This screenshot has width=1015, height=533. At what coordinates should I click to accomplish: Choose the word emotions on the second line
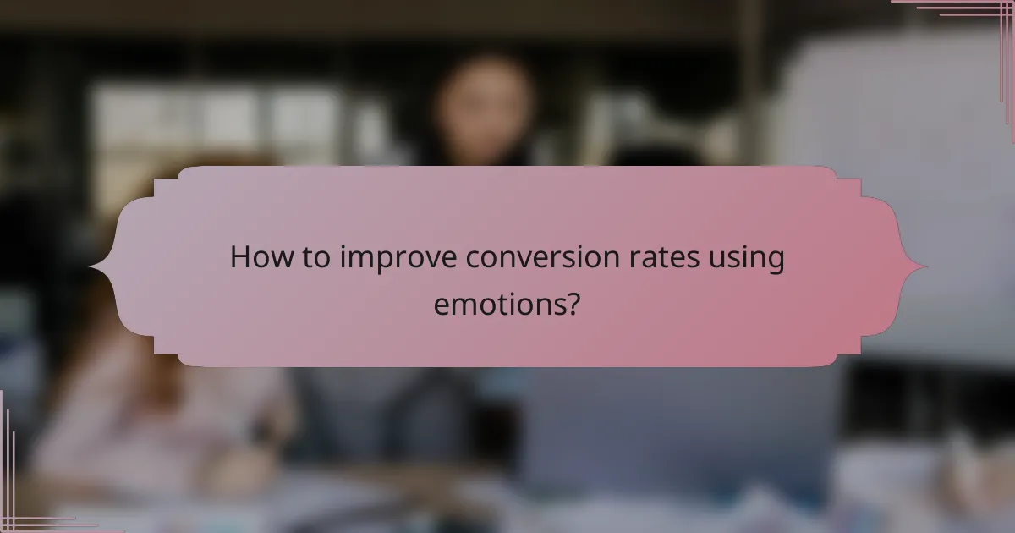tap(499, 302)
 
